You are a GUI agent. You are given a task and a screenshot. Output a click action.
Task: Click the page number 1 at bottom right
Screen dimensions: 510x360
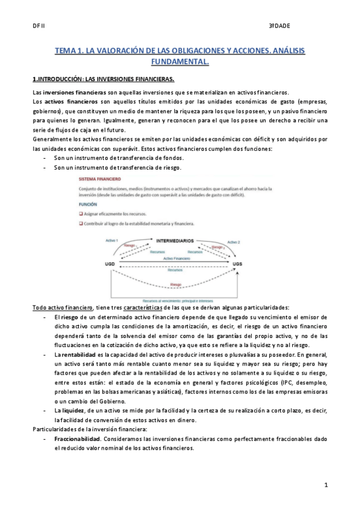tap(325, 484)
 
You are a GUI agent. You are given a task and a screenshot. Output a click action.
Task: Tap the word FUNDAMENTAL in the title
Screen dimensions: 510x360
tap(180, 62)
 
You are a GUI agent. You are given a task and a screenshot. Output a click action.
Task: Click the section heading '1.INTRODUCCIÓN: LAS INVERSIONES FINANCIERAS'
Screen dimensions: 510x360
tap(103, 79)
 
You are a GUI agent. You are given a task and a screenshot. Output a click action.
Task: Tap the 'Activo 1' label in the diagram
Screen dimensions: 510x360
tap(112, 239)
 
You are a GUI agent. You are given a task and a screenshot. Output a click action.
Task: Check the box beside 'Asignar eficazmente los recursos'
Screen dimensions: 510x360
tap(82, 214)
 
